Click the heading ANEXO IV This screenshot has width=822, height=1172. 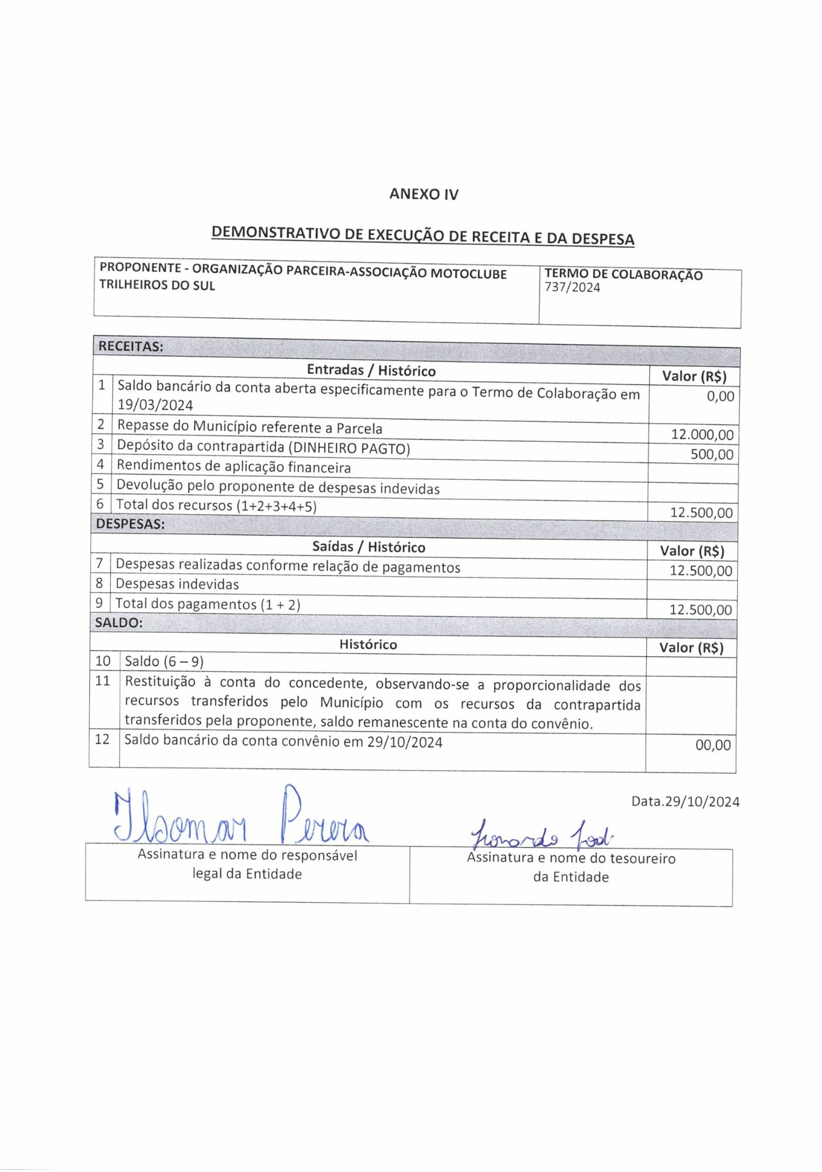point(424,194)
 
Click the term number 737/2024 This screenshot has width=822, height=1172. point(572,287)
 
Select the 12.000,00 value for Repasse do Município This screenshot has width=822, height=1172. point(702,434)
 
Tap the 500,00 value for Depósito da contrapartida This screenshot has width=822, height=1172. point(711,454)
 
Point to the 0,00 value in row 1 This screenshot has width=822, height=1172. point(720,396)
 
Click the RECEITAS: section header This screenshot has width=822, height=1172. point(131,346)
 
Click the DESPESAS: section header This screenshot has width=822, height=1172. point(130,524)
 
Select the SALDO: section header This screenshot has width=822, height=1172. point(119,623)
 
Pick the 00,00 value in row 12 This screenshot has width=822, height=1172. point(712,745)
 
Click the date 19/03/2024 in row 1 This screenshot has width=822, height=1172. point(155,405)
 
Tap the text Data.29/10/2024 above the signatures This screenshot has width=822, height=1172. point(685,802)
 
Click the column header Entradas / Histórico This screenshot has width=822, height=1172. point(371,370)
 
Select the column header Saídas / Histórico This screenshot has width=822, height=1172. point(369,547)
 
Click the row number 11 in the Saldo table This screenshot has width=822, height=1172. point(103,681)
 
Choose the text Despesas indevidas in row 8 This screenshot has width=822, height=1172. point(177,584)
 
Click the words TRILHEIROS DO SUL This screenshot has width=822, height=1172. point(157,285)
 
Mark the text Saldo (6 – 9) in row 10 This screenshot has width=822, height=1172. point(164,662)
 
